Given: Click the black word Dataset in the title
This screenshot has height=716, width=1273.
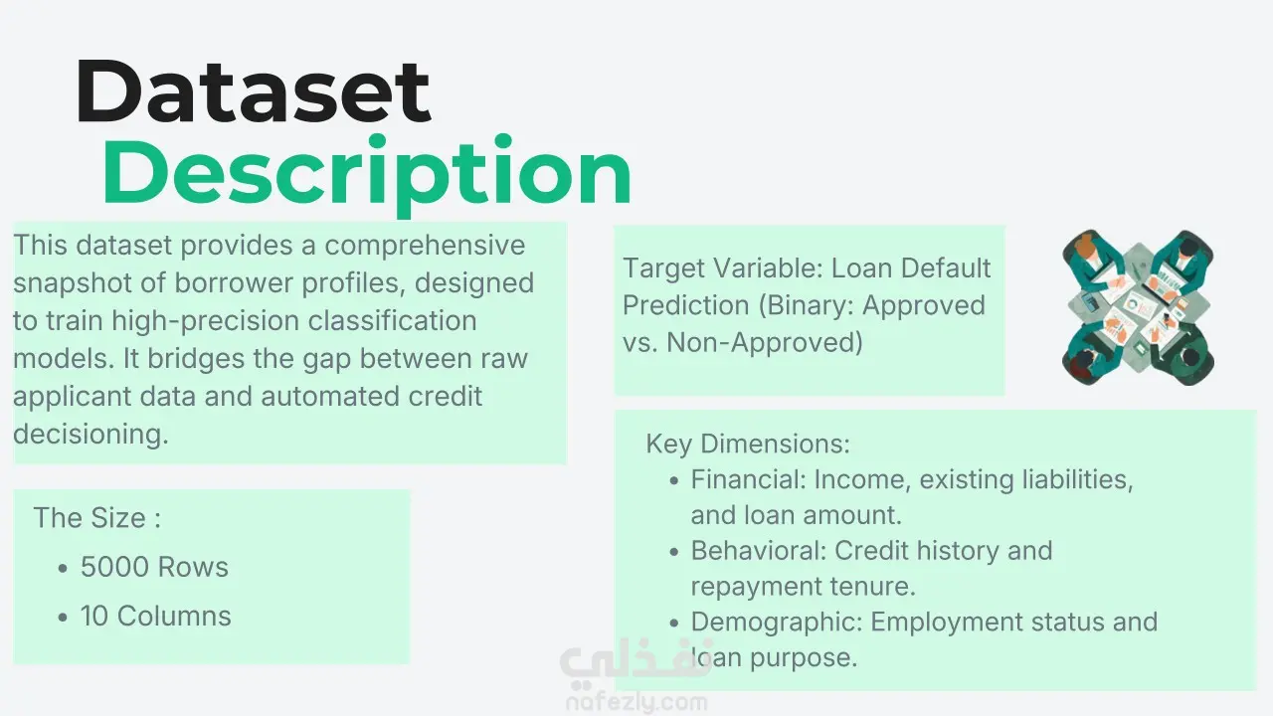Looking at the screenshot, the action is point(253,90).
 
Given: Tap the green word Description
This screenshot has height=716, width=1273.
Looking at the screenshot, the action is point(367,174).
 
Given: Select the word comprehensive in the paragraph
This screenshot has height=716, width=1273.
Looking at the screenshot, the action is point(425,246).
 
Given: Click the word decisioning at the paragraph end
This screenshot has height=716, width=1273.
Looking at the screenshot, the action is point(91,435).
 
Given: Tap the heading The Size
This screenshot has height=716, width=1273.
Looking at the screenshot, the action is point(97,518).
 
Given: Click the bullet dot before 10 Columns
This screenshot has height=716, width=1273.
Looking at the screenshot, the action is point(63,618).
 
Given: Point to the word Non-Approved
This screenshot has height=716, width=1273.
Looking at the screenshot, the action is point(765,343).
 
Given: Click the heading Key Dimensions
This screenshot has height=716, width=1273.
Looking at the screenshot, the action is point(748,444).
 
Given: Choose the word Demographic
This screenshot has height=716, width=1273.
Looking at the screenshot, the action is point(777,623).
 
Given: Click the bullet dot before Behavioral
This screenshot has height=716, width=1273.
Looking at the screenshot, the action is point(674,552).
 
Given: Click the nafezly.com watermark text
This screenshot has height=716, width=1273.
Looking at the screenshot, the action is point(636,703).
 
